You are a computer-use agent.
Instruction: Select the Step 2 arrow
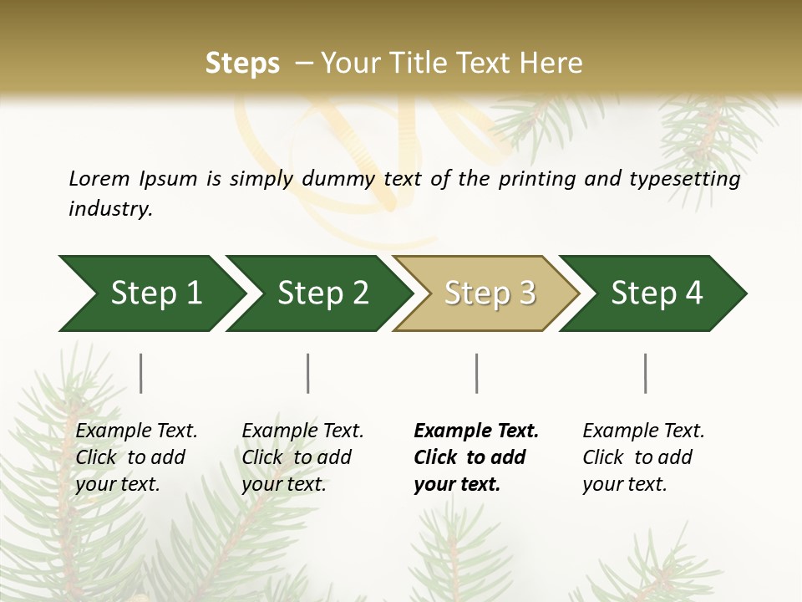click(322, 293)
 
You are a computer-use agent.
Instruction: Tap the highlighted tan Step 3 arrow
click(489, 293)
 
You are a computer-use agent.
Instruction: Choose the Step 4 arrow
click(656, 293)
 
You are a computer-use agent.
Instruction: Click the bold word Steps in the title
click(242, 64)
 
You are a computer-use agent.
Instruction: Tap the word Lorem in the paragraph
click(99, 178)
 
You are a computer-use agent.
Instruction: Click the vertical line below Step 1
click(141, 373)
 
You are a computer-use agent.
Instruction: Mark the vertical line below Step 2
click(308, 373)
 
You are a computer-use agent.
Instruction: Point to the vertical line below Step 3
click(477, 373)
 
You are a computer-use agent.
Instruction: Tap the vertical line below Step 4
click(646, 373)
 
